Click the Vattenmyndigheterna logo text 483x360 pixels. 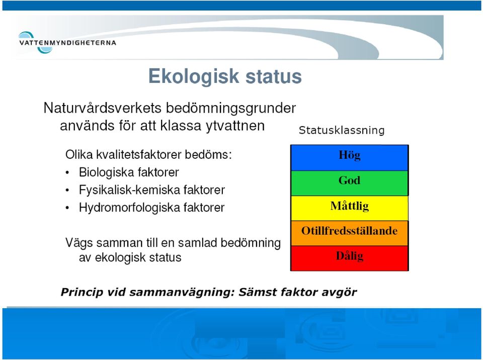click(67, 43)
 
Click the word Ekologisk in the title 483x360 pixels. click(194, 76)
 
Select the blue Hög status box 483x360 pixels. click(349, 158)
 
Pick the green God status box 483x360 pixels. click(349, 183)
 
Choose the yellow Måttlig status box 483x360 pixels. click(349, 208)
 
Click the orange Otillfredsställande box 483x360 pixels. click(349, 233)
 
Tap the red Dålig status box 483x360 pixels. click(349, 258)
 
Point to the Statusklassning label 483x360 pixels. click(342, 130)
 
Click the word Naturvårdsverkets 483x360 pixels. click(103, 108)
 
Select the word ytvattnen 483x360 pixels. click(235, 126)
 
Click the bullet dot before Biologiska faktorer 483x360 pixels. click(67, 173)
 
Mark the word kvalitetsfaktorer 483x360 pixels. click(139, 154)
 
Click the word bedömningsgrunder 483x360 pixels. click(231, 109)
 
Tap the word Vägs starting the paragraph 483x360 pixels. click(79, 243)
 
